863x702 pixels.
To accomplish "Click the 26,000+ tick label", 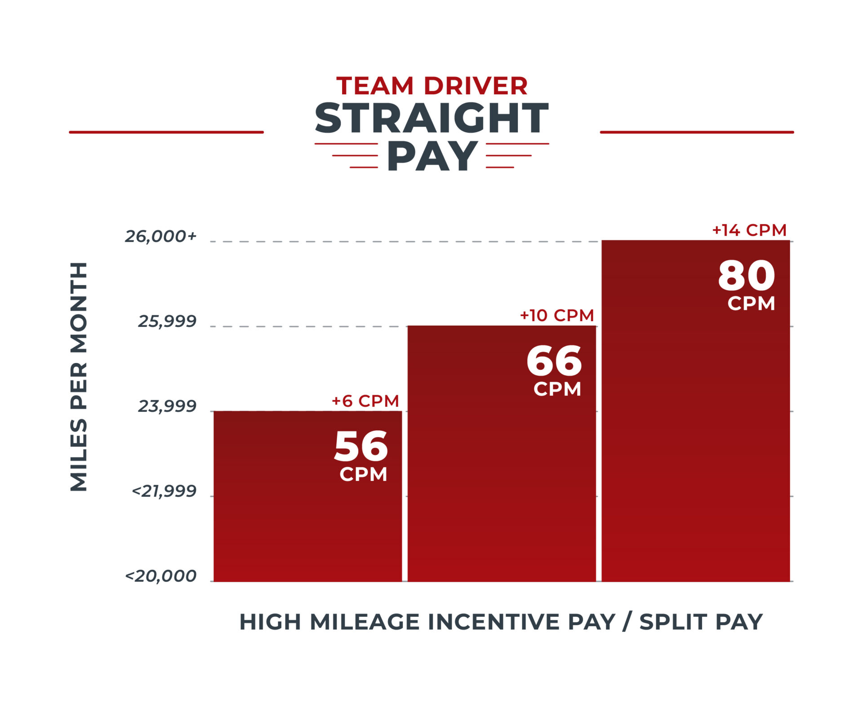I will coord(161,236).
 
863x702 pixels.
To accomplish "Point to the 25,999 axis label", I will coord(167,321).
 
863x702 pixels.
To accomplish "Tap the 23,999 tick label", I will coord(167,406).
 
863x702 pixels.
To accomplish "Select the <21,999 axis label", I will coord(164,491).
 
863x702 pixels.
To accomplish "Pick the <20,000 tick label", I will coord(161,576).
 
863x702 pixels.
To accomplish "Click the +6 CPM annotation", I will coord(365,401).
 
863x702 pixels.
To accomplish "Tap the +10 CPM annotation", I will coord(557,315).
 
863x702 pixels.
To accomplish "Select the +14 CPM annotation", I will coord(749,230).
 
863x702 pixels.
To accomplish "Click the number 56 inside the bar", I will coord(361,446).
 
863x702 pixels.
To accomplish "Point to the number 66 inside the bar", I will coord(554,361).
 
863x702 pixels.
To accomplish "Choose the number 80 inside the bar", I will coord(747,276).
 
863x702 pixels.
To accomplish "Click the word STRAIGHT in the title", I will coord(431,118).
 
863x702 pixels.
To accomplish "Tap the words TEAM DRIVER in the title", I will coord(431,86).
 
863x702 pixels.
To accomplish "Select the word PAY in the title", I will coord(432,156).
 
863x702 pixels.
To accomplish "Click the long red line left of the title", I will coord(166,132).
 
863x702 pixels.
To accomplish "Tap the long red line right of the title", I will coord(697,132).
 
